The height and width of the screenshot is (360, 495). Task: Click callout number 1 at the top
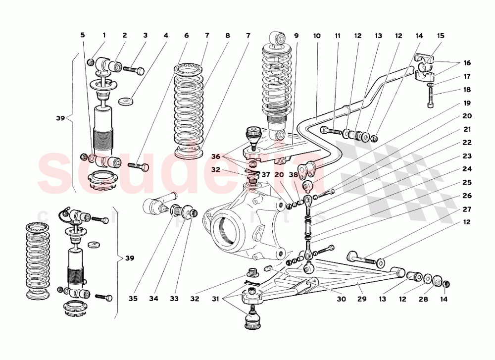point(104,36)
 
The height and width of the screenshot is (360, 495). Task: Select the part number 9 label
point(296,36)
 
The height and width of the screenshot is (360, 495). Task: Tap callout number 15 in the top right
point(440,36)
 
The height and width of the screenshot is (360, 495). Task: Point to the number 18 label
point(468,90)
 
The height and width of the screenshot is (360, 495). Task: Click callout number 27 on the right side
point(468,209)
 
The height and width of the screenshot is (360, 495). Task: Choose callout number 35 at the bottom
point(133,299)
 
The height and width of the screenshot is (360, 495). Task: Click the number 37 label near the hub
point(266,174)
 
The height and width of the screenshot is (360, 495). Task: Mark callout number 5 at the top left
point(83,36)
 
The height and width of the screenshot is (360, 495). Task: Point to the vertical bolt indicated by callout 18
point(430,99)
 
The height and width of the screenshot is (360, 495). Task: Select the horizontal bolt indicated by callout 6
point(139,167)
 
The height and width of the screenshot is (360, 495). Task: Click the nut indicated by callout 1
point(91,62)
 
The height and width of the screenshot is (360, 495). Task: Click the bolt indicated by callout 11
point(331,131)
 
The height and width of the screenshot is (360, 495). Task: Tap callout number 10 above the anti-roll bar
point(317,36)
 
